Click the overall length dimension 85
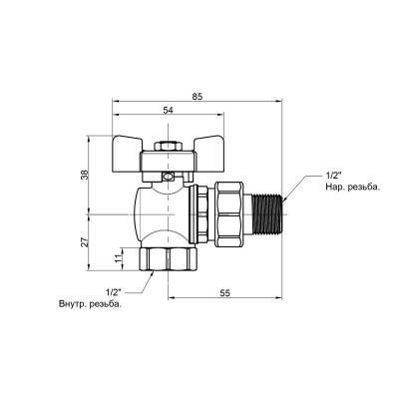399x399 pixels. coord(199,97)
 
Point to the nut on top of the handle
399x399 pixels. coord(168,142)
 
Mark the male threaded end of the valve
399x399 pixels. coord(264,214)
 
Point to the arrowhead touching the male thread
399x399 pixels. coord(285,200)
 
